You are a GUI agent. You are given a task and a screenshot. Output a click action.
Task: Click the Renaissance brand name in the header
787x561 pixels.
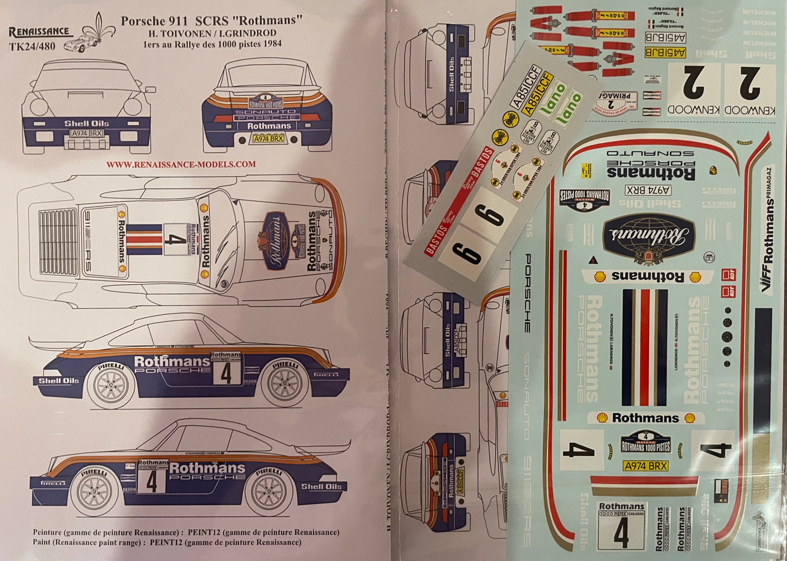tap(39, 31)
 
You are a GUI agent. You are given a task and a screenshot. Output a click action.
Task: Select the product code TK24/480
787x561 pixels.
tap(32, 46)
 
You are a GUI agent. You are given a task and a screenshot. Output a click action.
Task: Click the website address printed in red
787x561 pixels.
tap(181, 164)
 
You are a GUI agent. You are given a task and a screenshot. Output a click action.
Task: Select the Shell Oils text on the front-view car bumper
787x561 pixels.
tap(87, 123)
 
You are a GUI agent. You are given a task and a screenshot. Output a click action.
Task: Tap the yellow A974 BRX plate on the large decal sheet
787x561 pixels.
tap(646, 466)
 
